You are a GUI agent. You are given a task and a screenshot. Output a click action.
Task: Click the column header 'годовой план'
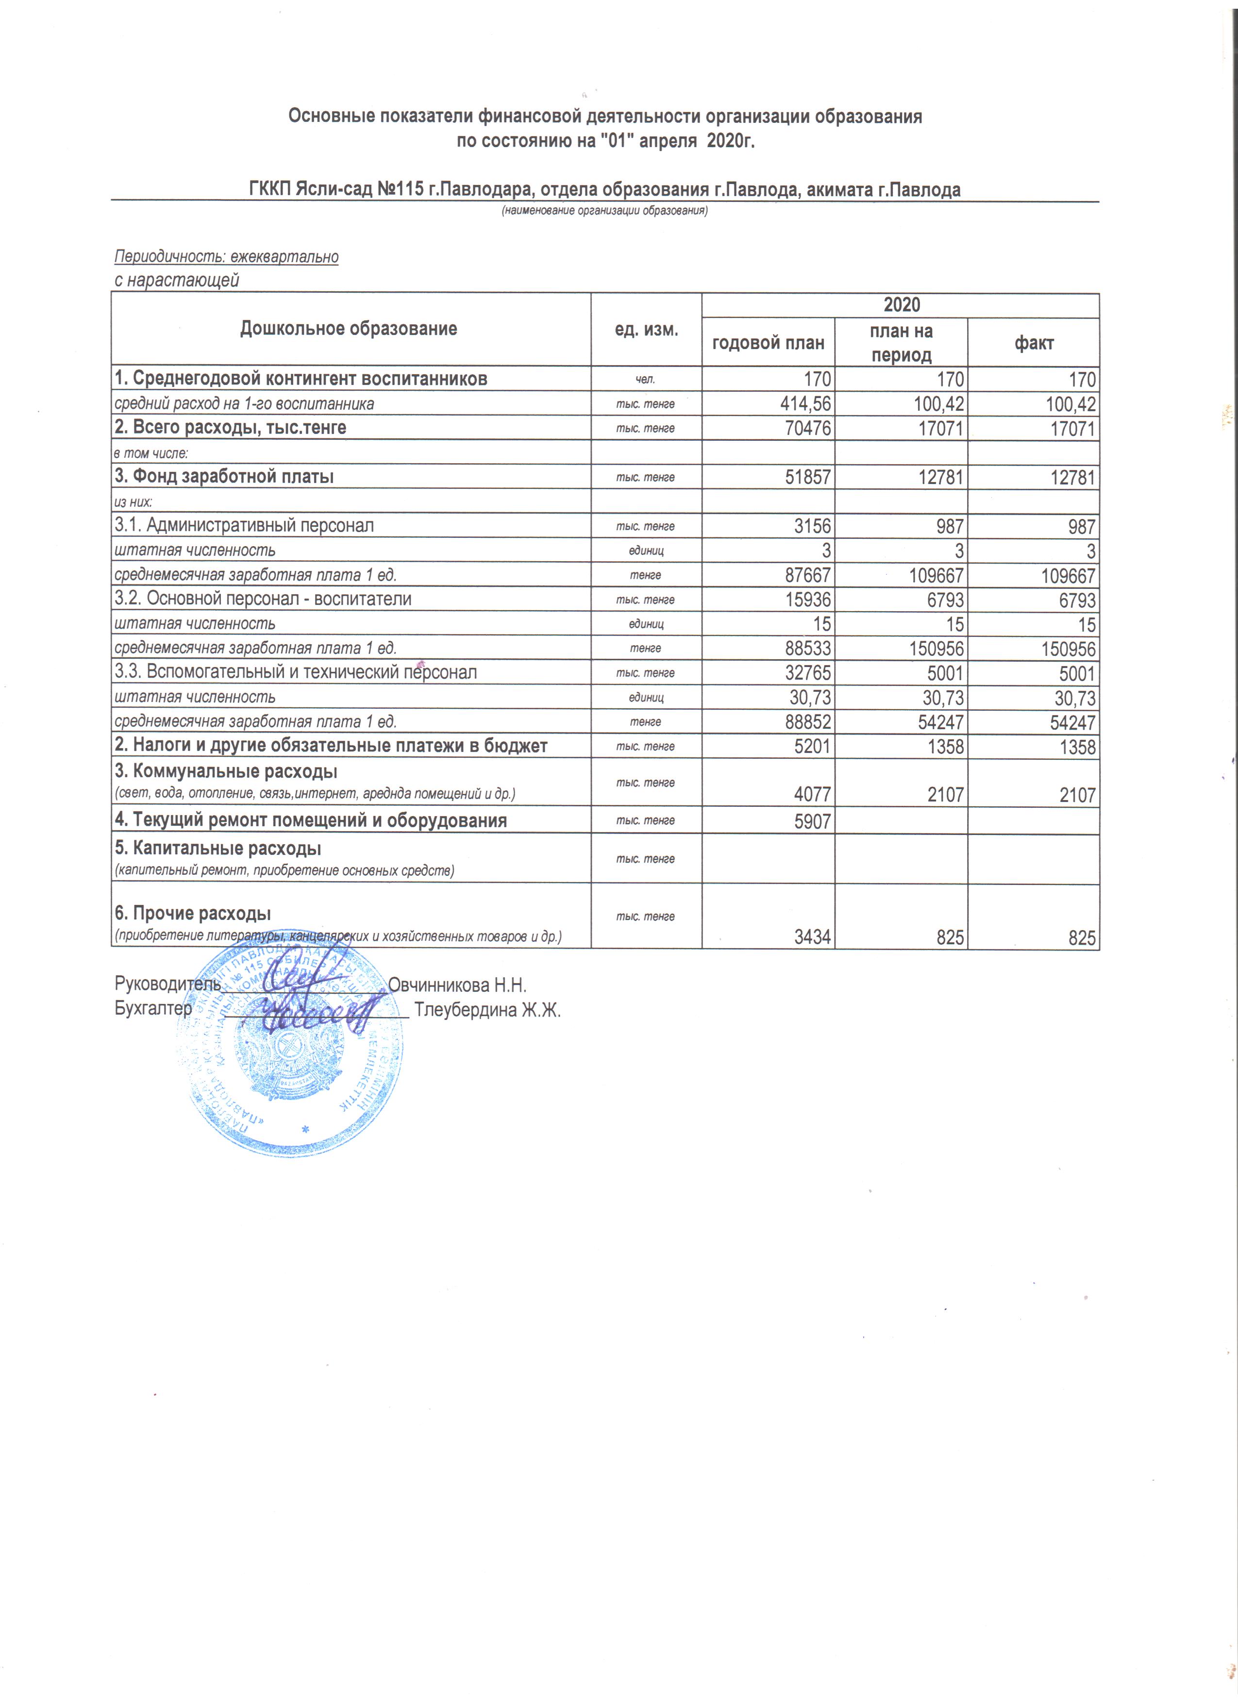coord(768,343)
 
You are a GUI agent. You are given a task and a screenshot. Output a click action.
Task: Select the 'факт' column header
coord(1034,343)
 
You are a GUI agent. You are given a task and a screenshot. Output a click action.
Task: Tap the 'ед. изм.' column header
coord(646,329)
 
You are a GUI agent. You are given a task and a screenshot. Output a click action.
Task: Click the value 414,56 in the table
coord(805,404)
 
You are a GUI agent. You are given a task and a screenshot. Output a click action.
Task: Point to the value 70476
coord(807,429)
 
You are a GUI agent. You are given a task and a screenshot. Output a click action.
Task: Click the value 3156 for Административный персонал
coord(812,526)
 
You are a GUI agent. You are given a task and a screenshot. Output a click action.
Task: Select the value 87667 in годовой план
coord(807,576)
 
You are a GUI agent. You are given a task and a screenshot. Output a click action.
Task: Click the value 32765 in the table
coord(807,673)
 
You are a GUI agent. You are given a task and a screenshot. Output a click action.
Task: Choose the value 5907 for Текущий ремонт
coord(812,821)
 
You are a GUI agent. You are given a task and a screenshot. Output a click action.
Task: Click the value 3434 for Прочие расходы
coord(812,938)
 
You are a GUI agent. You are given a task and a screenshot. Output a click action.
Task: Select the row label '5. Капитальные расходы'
coord(217,849)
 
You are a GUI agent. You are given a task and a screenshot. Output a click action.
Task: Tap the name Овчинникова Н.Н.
coord(457,985)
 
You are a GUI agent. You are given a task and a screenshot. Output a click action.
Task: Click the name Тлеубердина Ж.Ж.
coord(487,1010)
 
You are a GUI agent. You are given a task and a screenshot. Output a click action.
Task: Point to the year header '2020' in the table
coord(901,305)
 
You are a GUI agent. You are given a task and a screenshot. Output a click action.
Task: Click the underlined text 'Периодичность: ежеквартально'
coord(226,257)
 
